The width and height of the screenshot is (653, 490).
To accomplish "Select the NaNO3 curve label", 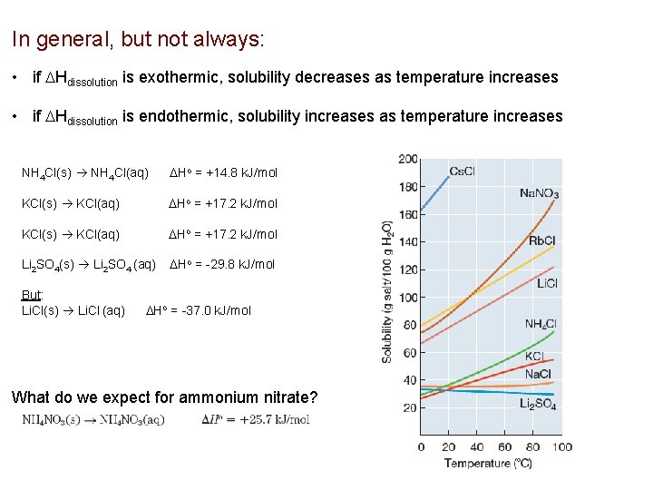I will pos(539,193).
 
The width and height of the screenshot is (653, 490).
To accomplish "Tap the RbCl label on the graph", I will pos(543,240).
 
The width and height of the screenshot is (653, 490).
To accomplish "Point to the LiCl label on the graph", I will pos(547,284).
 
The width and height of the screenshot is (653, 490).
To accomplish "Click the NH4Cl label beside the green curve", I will pos(541,324).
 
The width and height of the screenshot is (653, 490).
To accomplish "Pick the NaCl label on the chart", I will pos(539,374).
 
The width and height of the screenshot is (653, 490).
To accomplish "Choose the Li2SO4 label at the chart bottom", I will pos(538,403).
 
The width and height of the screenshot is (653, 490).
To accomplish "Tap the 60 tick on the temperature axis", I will pos(504,446).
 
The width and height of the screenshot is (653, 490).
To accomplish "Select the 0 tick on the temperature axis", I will pos(421,446).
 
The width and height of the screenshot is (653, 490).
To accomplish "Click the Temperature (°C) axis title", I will pos(488,464).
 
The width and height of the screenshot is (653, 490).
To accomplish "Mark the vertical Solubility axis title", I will pos(387,292).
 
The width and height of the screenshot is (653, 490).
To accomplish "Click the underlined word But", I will pos(33,296).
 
